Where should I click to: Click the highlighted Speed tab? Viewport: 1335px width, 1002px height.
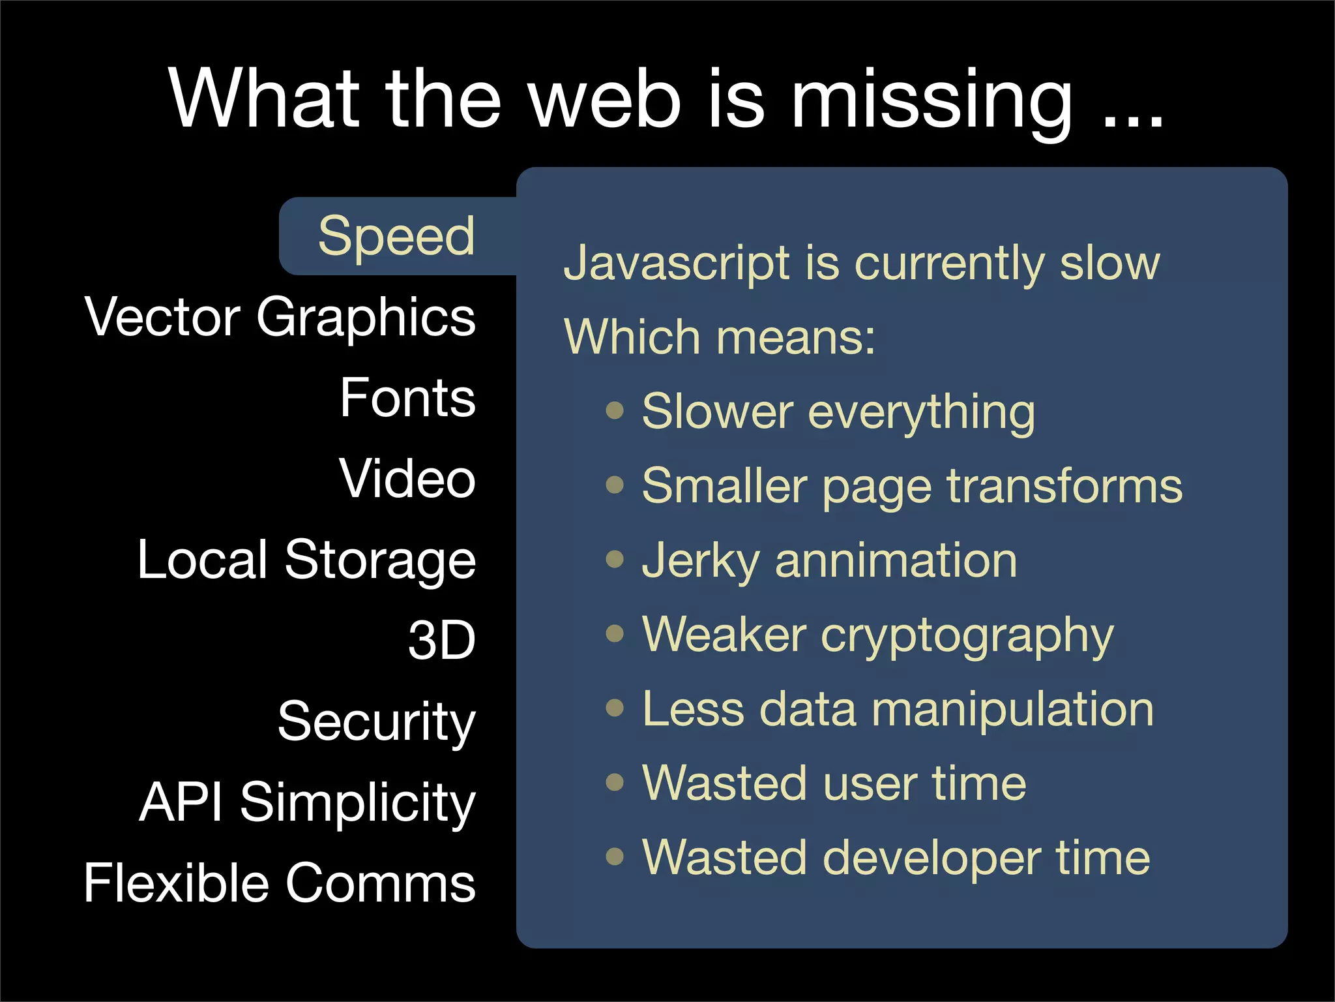tap(396, 236)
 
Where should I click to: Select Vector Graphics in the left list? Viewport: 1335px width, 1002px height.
tap(280, 318)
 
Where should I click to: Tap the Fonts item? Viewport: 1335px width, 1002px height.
tap(408, 398)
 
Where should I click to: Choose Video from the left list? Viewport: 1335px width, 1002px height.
tap(407, 479)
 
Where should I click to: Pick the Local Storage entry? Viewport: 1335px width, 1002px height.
tap(306, 560)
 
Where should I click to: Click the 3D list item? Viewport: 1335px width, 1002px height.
tap(442, 641)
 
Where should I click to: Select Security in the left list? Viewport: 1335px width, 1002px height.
tap(377, 721)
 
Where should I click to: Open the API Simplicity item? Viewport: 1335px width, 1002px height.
tap(308, 802)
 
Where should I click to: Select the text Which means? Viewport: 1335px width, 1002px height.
tap(720, 338)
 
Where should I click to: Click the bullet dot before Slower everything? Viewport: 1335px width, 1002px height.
tap(615, 411)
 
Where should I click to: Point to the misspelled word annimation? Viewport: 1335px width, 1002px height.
tap(896, 561)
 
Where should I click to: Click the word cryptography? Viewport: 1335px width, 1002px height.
tap(967, 635)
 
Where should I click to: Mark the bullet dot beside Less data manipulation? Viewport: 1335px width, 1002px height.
tap(615, 708)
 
